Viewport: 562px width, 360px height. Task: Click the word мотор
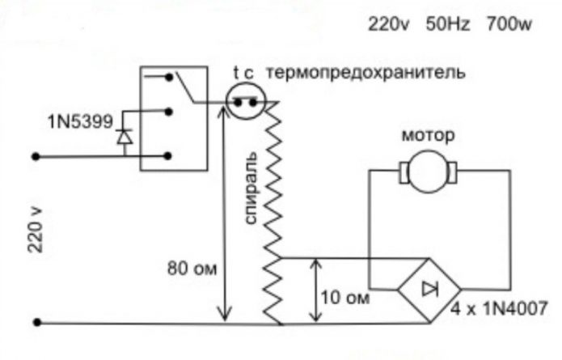point(429,134)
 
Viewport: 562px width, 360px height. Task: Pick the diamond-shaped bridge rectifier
point(429,289)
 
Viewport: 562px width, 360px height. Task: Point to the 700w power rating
point(509,25)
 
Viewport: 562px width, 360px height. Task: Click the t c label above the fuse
point(243,73)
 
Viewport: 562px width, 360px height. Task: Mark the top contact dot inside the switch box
point(170,78)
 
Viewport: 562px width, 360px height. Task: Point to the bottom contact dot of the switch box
point(170,155)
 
